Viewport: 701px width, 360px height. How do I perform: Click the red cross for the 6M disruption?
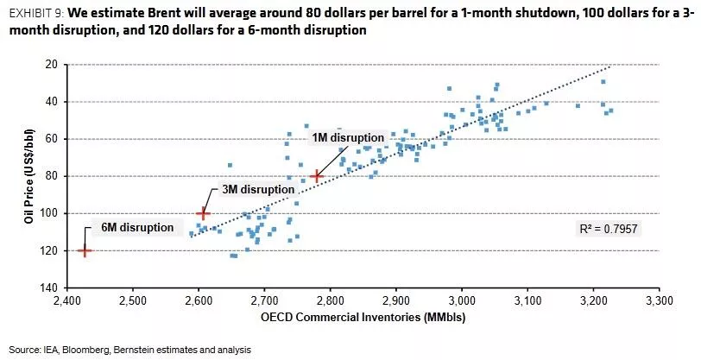85,250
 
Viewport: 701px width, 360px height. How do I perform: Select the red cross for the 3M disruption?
203,212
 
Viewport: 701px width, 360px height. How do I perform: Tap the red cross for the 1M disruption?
317,175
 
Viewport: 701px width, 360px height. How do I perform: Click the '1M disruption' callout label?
347,137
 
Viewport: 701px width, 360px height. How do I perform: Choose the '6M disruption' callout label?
131,228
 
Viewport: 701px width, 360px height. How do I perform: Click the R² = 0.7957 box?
609,229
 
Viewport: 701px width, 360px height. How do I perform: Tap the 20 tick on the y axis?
51,65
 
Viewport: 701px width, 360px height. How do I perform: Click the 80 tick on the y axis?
51,176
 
